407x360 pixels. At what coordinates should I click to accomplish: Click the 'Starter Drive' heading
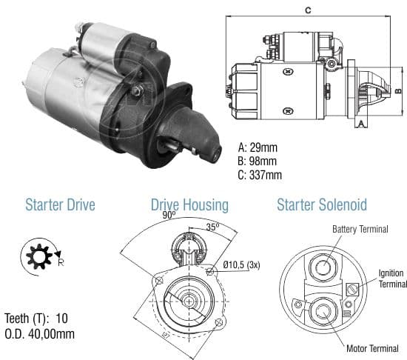(x=60, y=204)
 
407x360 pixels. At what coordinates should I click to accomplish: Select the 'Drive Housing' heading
(x=189, y=205)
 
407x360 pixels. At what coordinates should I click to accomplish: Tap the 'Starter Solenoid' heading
(x=322, y=204)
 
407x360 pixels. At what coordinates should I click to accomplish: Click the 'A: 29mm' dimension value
(x=258, y=147)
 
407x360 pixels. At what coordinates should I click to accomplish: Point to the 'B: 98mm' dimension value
(x=257, y=161)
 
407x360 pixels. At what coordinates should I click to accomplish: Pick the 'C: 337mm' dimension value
(x=260, y=175)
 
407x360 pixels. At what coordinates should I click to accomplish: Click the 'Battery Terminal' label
(x=360, y=229)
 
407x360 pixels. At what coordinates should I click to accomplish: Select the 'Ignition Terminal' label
(x=392, y=279)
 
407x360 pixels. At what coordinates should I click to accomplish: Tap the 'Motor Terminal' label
(x=372, y=348)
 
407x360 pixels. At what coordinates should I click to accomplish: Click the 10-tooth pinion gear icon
(x=39, y=256)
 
